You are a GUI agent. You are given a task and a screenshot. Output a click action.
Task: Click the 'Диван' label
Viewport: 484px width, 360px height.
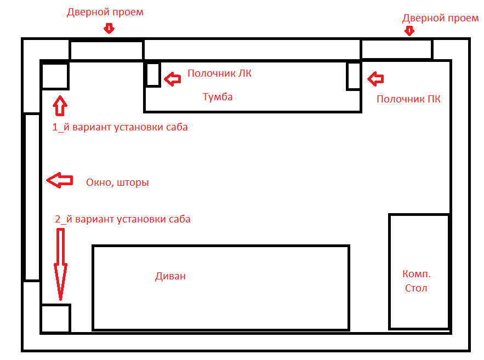pyautogui.click(x=170, y=276)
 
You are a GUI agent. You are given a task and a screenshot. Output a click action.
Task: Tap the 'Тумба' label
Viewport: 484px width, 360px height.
pyautogui.click(x=218, y=97)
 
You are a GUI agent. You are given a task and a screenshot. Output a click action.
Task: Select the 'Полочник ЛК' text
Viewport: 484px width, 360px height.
pyautogui.click(x=219, y=73)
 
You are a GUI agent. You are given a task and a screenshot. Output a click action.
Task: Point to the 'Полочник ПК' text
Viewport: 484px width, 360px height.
pyautogui.click(x=409, y=99)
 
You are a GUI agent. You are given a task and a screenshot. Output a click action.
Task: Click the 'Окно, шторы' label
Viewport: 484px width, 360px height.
pyautogui.click(x=117, y=182)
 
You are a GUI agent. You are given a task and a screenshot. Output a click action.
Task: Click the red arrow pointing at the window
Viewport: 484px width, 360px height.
pyautogui.click(x=59, y=180)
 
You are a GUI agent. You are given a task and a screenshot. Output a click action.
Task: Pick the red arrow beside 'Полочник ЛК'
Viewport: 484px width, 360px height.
pyautogui.click(x=173, y=79)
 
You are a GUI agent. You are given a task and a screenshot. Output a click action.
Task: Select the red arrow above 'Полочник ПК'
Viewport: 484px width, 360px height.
pyautogui.click(x=376, y=79)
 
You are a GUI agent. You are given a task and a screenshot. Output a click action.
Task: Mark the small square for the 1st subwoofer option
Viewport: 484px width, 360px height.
pyautogui.click(x=55, y=76)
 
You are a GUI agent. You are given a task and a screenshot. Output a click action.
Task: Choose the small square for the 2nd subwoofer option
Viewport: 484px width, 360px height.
pyautogui.click(x=55, y=318)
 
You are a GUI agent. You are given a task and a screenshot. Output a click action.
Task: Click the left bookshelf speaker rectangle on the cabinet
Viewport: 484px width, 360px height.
pyautogui.click(x=153, y=75)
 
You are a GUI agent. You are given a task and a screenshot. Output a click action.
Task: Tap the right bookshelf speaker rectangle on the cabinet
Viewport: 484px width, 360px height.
pyautogui.click(x=354, y=76)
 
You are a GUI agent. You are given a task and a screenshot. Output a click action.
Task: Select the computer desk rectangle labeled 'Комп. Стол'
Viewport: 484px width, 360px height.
pyautogui.click(x=419, y=271)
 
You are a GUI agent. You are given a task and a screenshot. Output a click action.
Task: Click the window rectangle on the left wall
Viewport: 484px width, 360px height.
pyautogui.click(x=31, y=197)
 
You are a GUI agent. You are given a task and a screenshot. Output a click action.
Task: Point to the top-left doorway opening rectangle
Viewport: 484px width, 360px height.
pyautogui.click(x=106, y=50)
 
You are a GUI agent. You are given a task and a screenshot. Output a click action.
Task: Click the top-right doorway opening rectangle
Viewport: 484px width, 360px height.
pyautogui.click(x=396, y=49)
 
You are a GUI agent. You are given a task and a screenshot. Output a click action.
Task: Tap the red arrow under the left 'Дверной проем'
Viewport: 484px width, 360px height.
pyautogui.click(x=109, y=28)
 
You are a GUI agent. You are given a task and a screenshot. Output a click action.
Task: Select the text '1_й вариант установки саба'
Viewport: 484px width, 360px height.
pyautogui.click(x=120, y=127)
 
